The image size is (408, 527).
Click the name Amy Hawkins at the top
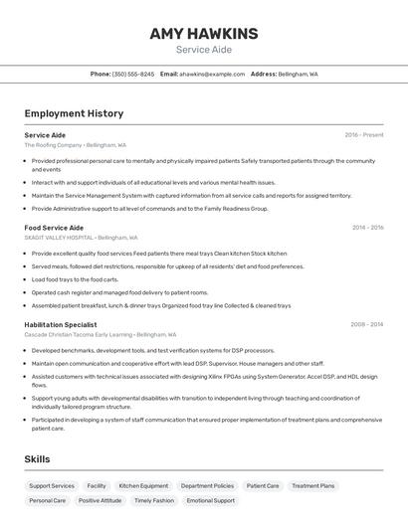tap(203, 34)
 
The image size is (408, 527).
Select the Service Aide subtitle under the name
tap(203, 50)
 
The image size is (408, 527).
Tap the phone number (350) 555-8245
tap(132, 74)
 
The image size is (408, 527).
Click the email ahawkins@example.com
tap(212, 74)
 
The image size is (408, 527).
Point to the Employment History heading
tap(74, 113)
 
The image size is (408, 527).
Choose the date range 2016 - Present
tap(364, 134)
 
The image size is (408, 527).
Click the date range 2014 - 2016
tap(367, 228)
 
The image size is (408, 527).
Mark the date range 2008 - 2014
tap(367, 324)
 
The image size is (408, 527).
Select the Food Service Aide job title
tap(54, 228)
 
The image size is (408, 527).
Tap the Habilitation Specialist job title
tap(61, 324)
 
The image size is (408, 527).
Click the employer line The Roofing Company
tap(76, 145)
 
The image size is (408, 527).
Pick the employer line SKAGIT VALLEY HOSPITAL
tap(81, 238)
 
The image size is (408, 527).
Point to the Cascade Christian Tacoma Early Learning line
tap(101, 334)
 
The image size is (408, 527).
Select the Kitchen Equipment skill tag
tap(143, 486)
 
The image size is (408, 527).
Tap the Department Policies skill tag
tap(207, 486)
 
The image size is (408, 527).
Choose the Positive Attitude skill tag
tap(100, 500)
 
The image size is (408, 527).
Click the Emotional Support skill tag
tap(210, 500)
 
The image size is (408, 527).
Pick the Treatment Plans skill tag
tap(312, 486)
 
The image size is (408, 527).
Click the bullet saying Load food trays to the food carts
tap(75, 279)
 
